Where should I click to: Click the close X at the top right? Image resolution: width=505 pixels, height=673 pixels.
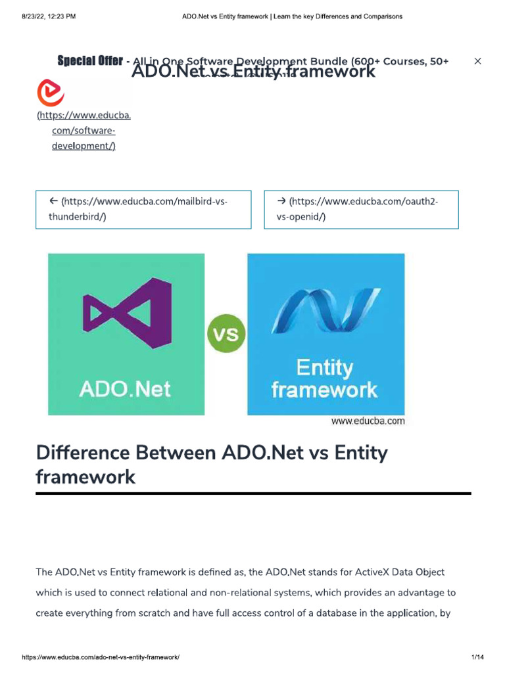tap(478, 61)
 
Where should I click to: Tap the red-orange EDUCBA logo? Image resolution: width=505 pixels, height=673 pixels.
tap(51, 93)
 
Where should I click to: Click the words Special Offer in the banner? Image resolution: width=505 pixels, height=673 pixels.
tap(89, 61)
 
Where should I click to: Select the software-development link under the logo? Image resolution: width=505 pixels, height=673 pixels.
tap(84, 131)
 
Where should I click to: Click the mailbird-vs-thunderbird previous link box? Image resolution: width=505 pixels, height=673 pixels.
tap(143, 209)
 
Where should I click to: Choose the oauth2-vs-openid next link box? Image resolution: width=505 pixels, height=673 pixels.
tap(361, 209)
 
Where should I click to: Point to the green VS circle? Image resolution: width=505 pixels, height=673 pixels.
tap(226, 334)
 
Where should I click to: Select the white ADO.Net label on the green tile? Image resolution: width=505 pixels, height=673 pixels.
tap(125, 388)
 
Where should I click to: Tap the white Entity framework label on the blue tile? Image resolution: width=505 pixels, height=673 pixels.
tap(325, 379)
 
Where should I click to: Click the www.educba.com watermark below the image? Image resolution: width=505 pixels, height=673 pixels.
tap(368, 421)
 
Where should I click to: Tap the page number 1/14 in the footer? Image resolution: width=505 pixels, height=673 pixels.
tap(477, 657)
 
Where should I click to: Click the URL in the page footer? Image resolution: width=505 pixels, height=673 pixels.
tap(101, 657)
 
